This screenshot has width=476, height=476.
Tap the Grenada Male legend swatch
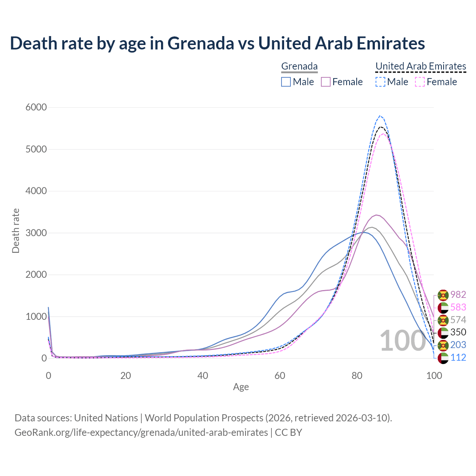click(286, 82)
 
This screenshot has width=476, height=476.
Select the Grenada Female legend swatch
click(326, 82)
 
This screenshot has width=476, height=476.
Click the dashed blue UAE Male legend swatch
click(380, 82)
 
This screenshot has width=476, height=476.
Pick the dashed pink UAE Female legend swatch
click(420, 82)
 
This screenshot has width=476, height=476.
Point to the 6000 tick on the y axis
click(36, 107)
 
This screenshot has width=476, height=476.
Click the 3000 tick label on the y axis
click(36, 233)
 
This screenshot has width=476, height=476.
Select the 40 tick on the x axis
click(203, 376)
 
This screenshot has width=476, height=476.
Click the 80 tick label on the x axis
click(357, 376)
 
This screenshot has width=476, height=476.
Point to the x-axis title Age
click(241, 387)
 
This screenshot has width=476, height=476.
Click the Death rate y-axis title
click(16, 231)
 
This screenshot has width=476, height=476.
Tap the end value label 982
click(458, 295)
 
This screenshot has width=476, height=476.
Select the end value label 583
click(458, 308)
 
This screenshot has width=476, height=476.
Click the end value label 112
click(458, 358)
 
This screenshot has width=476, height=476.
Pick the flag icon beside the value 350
click(443, 332)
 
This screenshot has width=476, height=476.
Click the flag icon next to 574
click(443, 320)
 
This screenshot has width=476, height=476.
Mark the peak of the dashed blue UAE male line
click(380, 116)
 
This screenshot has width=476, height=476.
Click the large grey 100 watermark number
click(403, 341)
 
